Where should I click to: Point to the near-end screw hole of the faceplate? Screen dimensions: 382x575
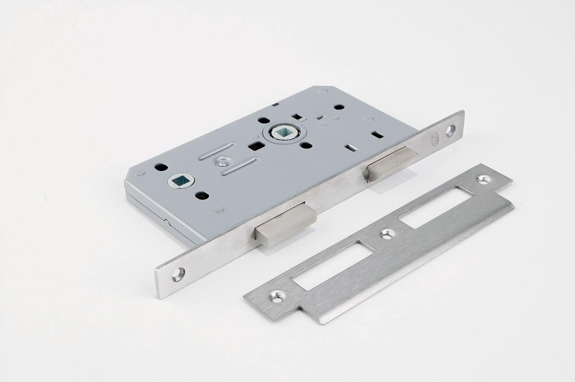point(179,274)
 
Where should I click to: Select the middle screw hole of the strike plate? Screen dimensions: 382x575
point(387,234)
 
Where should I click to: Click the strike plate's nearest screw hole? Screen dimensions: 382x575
point(276,298)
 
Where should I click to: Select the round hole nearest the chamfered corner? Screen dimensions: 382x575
point(161,167)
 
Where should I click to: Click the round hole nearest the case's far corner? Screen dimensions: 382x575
point(339,107)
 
